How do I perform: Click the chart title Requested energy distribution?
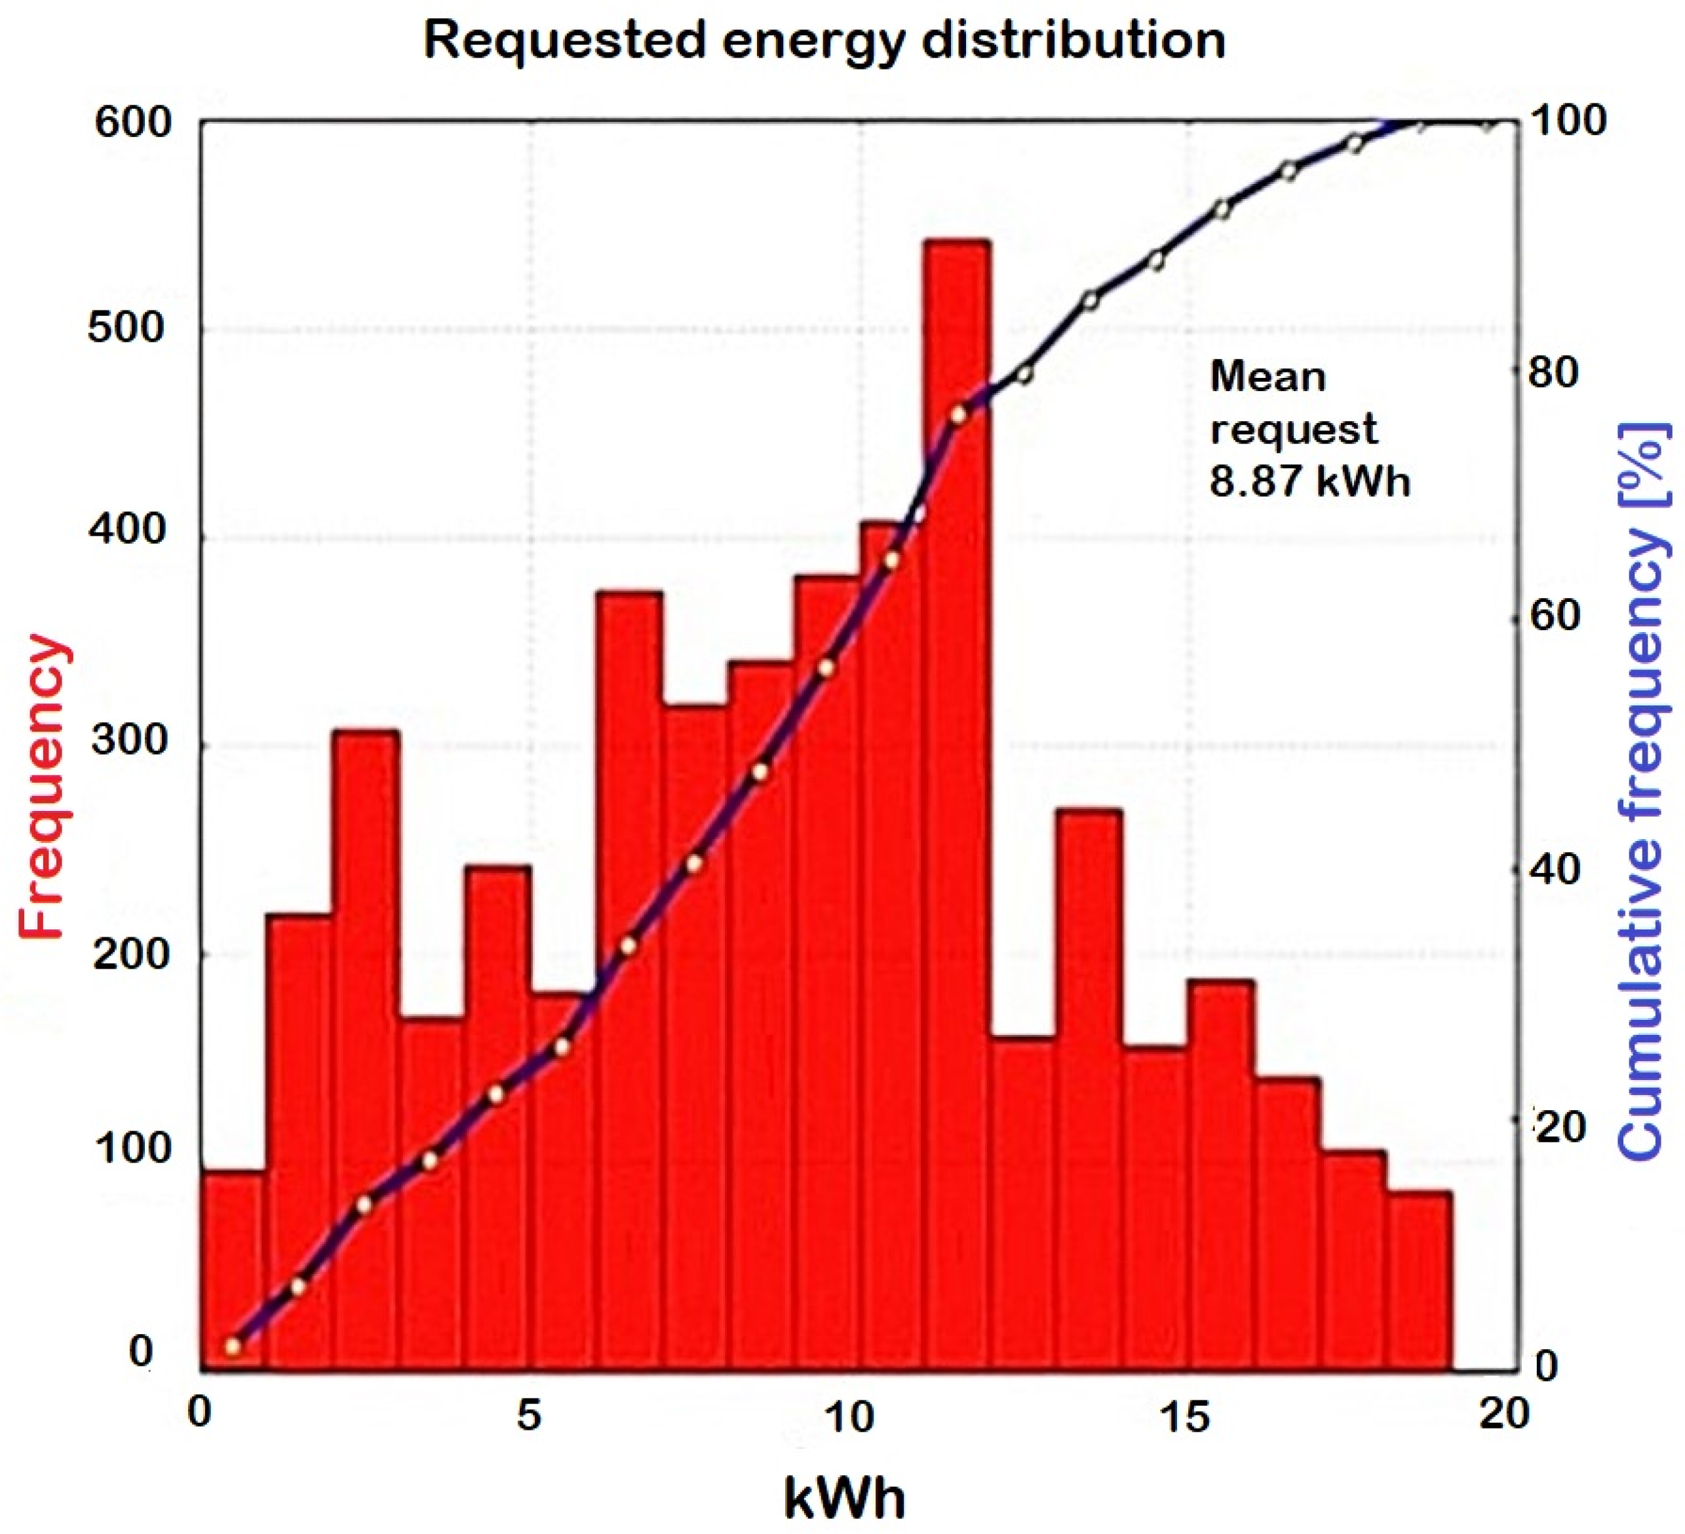click(x=823, y=40)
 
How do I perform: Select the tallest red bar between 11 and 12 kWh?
click(x=957, y=752)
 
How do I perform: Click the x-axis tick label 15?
click(x=1186, y=1415)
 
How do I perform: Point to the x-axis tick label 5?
click(x=528, y=1415)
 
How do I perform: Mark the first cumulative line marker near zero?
click(x=233, y=1347)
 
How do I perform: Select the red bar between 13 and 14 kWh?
click(x=1088, y=1086)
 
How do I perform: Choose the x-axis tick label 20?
click(x=1503, y=1415)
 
